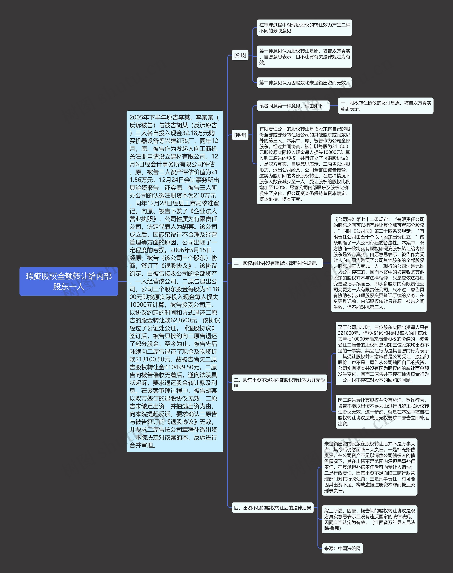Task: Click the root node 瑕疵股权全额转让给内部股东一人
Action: pos(69,281)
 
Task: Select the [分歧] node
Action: pos(240,55)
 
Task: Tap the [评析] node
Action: pos(240,135)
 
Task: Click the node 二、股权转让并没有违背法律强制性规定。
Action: pos(277,263)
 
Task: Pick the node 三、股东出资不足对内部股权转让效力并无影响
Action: pos(279,382)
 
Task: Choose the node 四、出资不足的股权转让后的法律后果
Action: pos(272,508)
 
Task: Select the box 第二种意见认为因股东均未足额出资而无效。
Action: pos(304,83)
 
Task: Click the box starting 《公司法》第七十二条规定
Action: pos(379,263)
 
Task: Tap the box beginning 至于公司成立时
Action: pos(383,353)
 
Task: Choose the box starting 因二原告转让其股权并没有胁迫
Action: pos(383,412)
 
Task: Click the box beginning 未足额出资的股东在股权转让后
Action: pos(369,467)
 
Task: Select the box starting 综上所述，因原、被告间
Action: pos(369,519)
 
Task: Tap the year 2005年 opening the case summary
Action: pos(138,117)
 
